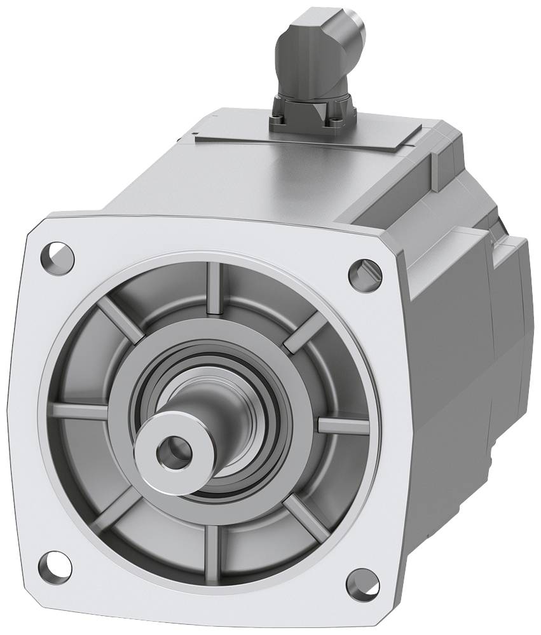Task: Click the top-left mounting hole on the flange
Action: coord(58,257)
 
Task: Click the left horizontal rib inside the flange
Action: coord(80,411)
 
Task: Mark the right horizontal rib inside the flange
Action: coord(343,425)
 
